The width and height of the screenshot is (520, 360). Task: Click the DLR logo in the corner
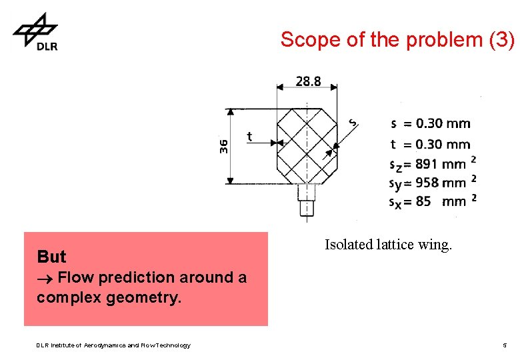click(35, 31)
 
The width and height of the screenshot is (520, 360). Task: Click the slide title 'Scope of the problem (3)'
click(397, 39)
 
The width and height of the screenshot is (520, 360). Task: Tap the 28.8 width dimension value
click(308, 81)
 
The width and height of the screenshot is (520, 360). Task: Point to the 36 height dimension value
click(223, 146)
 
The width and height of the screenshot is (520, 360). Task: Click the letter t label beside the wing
click(249, 136)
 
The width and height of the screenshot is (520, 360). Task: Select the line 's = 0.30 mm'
click(430, 123)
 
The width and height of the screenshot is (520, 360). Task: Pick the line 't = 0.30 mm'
click(430, 144)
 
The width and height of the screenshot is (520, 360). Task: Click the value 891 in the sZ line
click(427, 164)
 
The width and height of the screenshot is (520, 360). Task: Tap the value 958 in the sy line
click(427, 182)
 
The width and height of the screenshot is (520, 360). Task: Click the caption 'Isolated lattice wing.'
click(388, 245)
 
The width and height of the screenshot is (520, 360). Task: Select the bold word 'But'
click(51, 257)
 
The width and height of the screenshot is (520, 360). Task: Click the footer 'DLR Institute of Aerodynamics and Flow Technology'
click(113, 345)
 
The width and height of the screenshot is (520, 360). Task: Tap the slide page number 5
click(505, 345)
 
